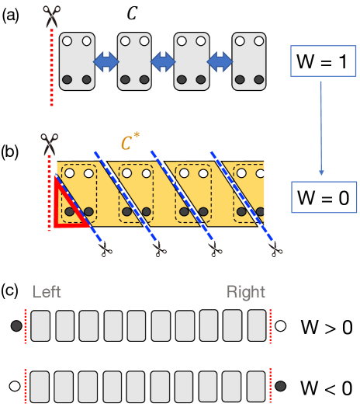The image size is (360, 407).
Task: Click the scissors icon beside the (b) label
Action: [x=50, y=144]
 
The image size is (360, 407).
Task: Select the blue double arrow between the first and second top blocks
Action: [x=106, y=61]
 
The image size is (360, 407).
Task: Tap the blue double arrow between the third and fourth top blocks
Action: [x=220, y=61]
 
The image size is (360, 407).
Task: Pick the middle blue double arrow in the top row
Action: [x=163, y=61]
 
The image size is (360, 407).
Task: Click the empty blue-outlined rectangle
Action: [x=323, y=61]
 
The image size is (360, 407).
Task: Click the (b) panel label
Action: [x=10, y=151]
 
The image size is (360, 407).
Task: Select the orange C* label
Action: [x=130, y=143]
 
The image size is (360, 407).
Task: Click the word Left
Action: [x=47, y=293]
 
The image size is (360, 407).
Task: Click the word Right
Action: [x=246, y=293]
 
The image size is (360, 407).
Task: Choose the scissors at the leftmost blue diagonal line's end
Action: [x=104, y=248]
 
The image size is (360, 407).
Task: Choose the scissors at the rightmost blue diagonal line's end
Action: [x=275, y=248]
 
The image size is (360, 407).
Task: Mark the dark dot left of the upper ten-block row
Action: [x=16, y=326]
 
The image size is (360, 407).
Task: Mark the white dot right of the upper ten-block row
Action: [x=281, y=326]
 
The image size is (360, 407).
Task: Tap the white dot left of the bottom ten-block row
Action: [x=14, y=386]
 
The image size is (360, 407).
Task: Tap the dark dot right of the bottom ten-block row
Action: [x=281, y=386]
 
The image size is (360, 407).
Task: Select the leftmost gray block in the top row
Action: [x=77, y=61]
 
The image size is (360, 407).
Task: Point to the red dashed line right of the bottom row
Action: [x=271, y=386]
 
